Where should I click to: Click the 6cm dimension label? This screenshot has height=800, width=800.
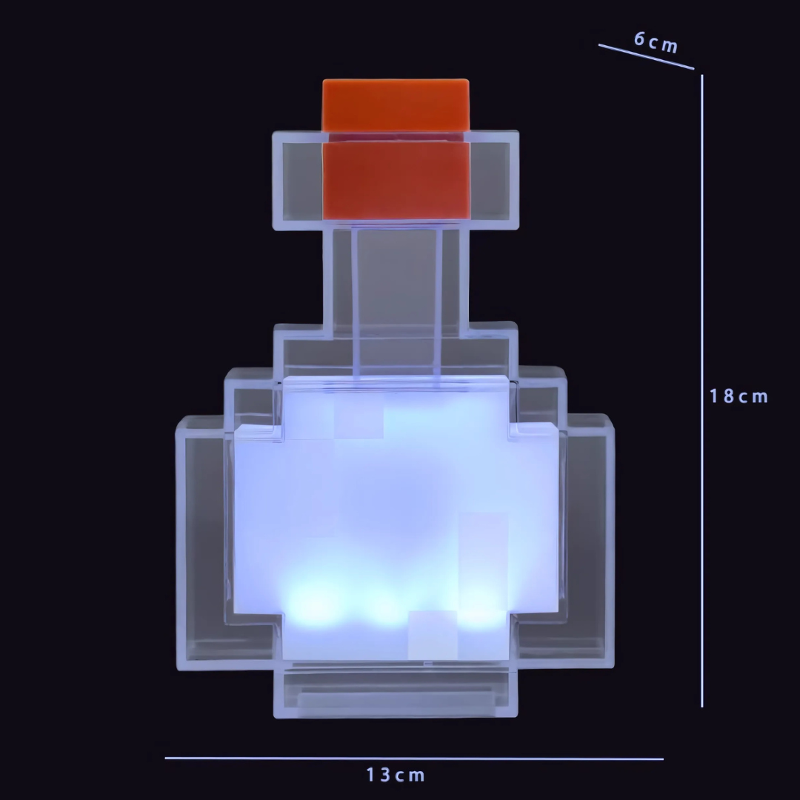coord(656,42)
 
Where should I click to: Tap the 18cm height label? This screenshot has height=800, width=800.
coord(739,396)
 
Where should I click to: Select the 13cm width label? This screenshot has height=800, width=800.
coord(396,775)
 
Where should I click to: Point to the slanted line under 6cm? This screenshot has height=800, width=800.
coord(647,56)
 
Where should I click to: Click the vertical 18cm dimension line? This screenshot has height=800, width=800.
coord(702,391)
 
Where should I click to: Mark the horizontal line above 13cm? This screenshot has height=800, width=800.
coord(414,759)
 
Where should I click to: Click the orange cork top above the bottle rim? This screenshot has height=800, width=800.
coord(396,105)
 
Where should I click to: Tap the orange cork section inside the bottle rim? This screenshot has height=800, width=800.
coord(396,181)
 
